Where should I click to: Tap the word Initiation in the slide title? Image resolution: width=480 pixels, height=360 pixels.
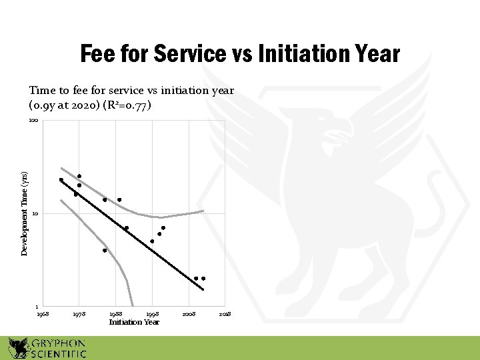click(x=296, y=54)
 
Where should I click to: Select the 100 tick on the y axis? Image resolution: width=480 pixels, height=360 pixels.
click(x=34, y=121)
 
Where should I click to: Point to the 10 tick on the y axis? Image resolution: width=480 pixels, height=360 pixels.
click(x=35, y=214)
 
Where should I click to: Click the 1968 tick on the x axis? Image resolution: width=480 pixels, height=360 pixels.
click(x=42, y=313)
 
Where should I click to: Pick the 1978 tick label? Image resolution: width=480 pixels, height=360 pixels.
click(x=79, y=313)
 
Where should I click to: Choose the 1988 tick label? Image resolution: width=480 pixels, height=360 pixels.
click(x=115, y=313)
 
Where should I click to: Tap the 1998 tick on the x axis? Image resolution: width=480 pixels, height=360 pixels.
click(x=152, y=313)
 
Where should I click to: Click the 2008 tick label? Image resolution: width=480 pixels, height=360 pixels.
click(x=189, y=313)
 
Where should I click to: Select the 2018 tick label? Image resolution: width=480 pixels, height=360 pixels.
click(x=225, y=313)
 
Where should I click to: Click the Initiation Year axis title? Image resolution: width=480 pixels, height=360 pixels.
click(x=134, y=322)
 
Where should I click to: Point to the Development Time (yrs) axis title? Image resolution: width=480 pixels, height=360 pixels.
click(x=24, y=213)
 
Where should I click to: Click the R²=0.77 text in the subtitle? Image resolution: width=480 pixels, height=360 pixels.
click(x=131, y=105)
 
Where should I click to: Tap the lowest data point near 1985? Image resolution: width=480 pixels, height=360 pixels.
click(x=105, y=251)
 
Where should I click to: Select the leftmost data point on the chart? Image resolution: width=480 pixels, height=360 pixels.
click(x=61, y=179)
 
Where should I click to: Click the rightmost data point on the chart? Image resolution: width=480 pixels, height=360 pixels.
click(x=203, y=278)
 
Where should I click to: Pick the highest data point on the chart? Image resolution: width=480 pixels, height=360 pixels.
click(x=79, y=176)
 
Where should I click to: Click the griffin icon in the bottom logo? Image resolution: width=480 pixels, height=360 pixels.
click(x=18, y=348)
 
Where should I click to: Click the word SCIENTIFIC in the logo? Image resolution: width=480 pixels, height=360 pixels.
click(x=59, y=354)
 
